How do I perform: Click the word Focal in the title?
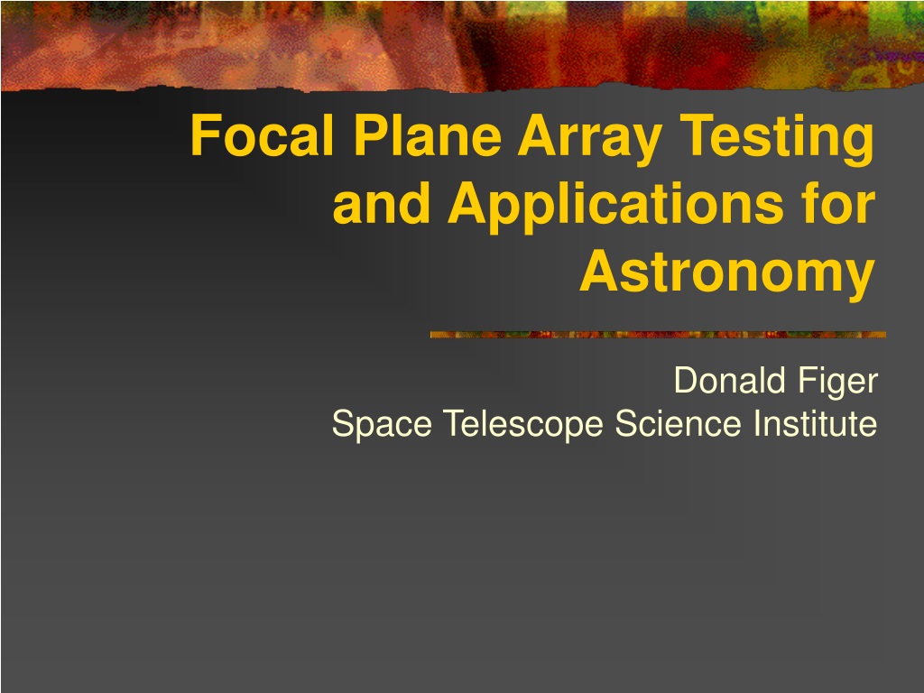(262, 135)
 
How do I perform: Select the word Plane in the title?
(427, 135)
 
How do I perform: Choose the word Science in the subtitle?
(678, 423)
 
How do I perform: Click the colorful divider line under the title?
(658, 335)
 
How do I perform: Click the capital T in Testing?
(698, 135)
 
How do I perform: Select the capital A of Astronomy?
(600, 271)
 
